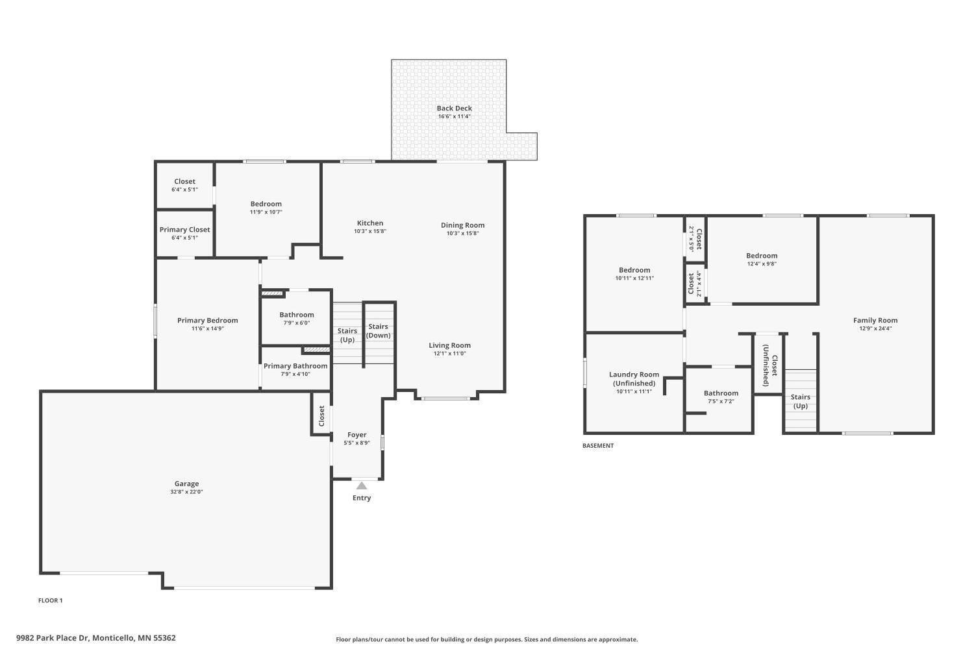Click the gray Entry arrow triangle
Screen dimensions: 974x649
tap(362, 485)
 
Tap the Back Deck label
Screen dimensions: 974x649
tap(455, 108)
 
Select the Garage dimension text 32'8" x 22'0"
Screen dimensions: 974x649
tap(186, 492)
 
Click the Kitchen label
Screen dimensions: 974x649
tap(370, 223)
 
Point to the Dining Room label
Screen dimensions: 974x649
tap(462, 225)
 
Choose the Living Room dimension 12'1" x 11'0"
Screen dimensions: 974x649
tap(449, 354)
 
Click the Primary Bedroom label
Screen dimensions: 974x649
tap(207, 321)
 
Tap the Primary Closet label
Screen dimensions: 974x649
tap(185, 230)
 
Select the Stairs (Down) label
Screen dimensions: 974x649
tap(379, 331)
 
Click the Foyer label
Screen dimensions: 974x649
tap(357, 435)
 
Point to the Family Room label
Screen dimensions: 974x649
tap(875, 321)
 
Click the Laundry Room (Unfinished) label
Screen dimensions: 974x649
tap(634, 378)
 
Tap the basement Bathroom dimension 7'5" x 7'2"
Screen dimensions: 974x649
tap(721, 401)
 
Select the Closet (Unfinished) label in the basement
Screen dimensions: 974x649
tap(770, 365)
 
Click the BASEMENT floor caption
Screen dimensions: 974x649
tap(598, 446)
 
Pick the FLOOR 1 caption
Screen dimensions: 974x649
tap(51, 600)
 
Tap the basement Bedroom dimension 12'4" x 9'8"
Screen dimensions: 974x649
tap(762, 263)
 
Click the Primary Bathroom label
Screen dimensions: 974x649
tap(295, 366)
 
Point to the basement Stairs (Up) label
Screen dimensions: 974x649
tap(801, 401)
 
